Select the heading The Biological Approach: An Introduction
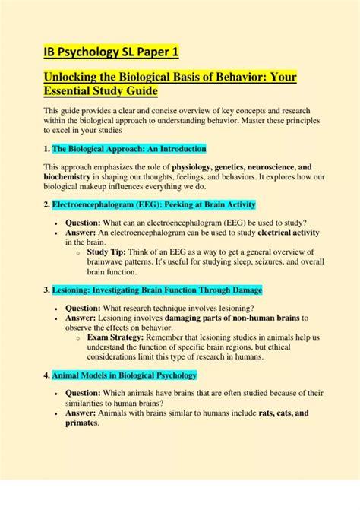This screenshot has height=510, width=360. [x=129, y=148]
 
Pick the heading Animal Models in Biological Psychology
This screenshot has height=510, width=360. [x=125, y=375]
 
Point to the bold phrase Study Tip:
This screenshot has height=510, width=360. [x=109, y=250]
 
